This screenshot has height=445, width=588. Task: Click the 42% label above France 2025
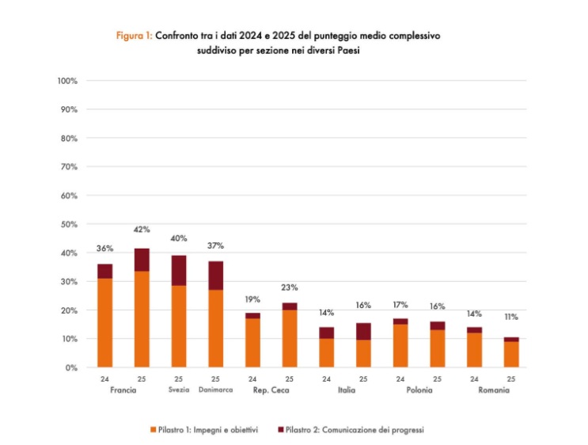(141, 230)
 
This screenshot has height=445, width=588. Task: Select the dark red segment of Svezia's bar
(179, 270)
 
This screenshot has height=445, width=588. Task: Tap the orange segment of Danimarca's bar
(215, 328)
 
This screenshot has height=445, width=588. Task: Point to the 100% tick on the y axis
(67, 81)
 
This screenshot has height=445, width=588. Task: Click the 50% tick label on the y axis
(69, 224)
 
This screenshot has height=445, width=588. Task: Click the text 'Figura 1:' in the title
(135, 36)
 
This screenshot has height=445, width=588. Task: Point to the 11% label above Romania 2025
(511, 317)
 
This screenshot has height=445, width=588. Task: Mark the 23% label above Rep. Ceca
(290, 287)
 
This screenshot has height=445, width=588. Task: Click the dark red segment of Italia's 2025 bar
(363, 331)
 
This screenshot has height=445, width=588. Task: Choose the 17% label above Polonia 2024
(400, 304)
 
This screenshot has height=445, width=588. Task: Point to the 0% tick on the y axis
(71, 367)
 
